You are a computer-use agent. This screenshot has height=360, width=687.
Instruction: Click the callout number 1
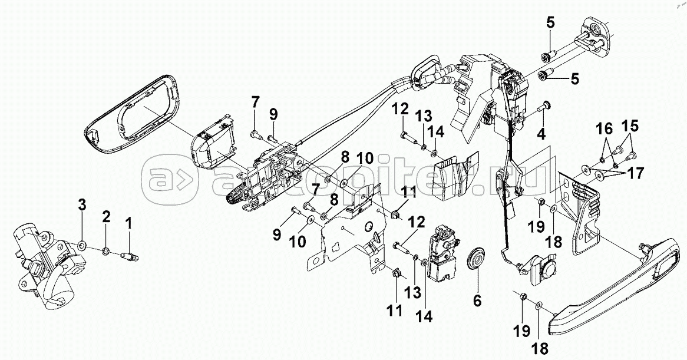click(x=128, y=224)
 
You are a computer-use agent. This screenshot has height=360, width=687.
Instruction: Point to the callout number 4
click(x=541, y=134)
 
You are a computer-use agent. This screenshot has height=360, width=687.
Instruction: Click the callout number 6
click(x=477, y=300)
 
